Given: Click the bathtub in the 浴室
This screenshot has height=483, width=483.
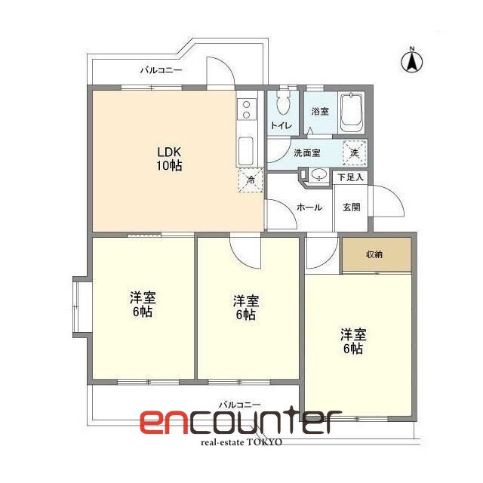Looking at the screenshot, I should click(351, 114).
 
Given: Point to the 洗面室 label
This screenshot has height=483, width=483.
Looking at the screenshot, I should click(306, 152).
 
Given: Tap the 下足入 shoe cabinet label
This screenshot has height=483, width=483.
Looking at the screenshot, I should click(351, 178).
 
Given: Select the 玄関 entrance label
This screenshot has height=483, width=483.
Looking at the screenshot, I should click(352, 207).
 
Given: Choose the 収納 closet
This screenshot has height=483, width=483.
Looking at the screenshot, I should click(375, 254).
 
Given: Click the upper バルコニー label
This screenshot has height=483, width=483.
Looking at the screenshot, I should click(158, 71).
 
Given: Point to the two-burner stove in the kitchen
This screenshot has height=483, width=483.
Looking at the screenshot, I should click(246, 110).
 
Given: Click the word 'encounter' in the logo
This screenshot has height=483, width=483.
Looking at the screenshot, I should click(236, 422).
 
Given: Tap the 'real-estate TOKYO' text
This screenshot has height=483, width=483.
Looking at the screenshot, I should click(241, 442).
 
